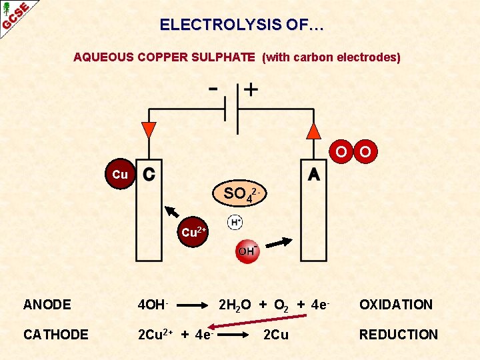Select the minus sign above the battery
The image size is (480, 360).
(x=213, y=88)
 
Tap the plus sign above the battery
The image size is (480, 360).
(x=251, y=89)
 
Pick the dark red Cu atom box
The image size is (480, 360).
(x=120, y=174)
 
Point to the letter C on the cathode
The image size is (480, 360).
(x=150, y=174)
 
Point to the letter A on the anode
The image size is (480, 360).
(x=313, y=174)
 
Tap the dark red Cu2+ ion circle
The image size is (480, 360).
(x=193, y=232)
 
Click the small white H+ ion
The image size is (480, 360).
(x=235, y=222)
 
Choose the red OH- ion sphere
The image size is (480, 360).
(x=247, y=251)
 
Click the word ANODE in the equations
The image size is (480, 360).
(x=47, y=305)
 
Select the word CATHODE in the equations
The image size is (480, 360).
(x=55, y=335)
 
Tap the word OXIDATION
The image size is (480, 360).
(x=396, y=305)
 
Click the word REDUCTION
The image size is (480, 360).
(x=399, y=335)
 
